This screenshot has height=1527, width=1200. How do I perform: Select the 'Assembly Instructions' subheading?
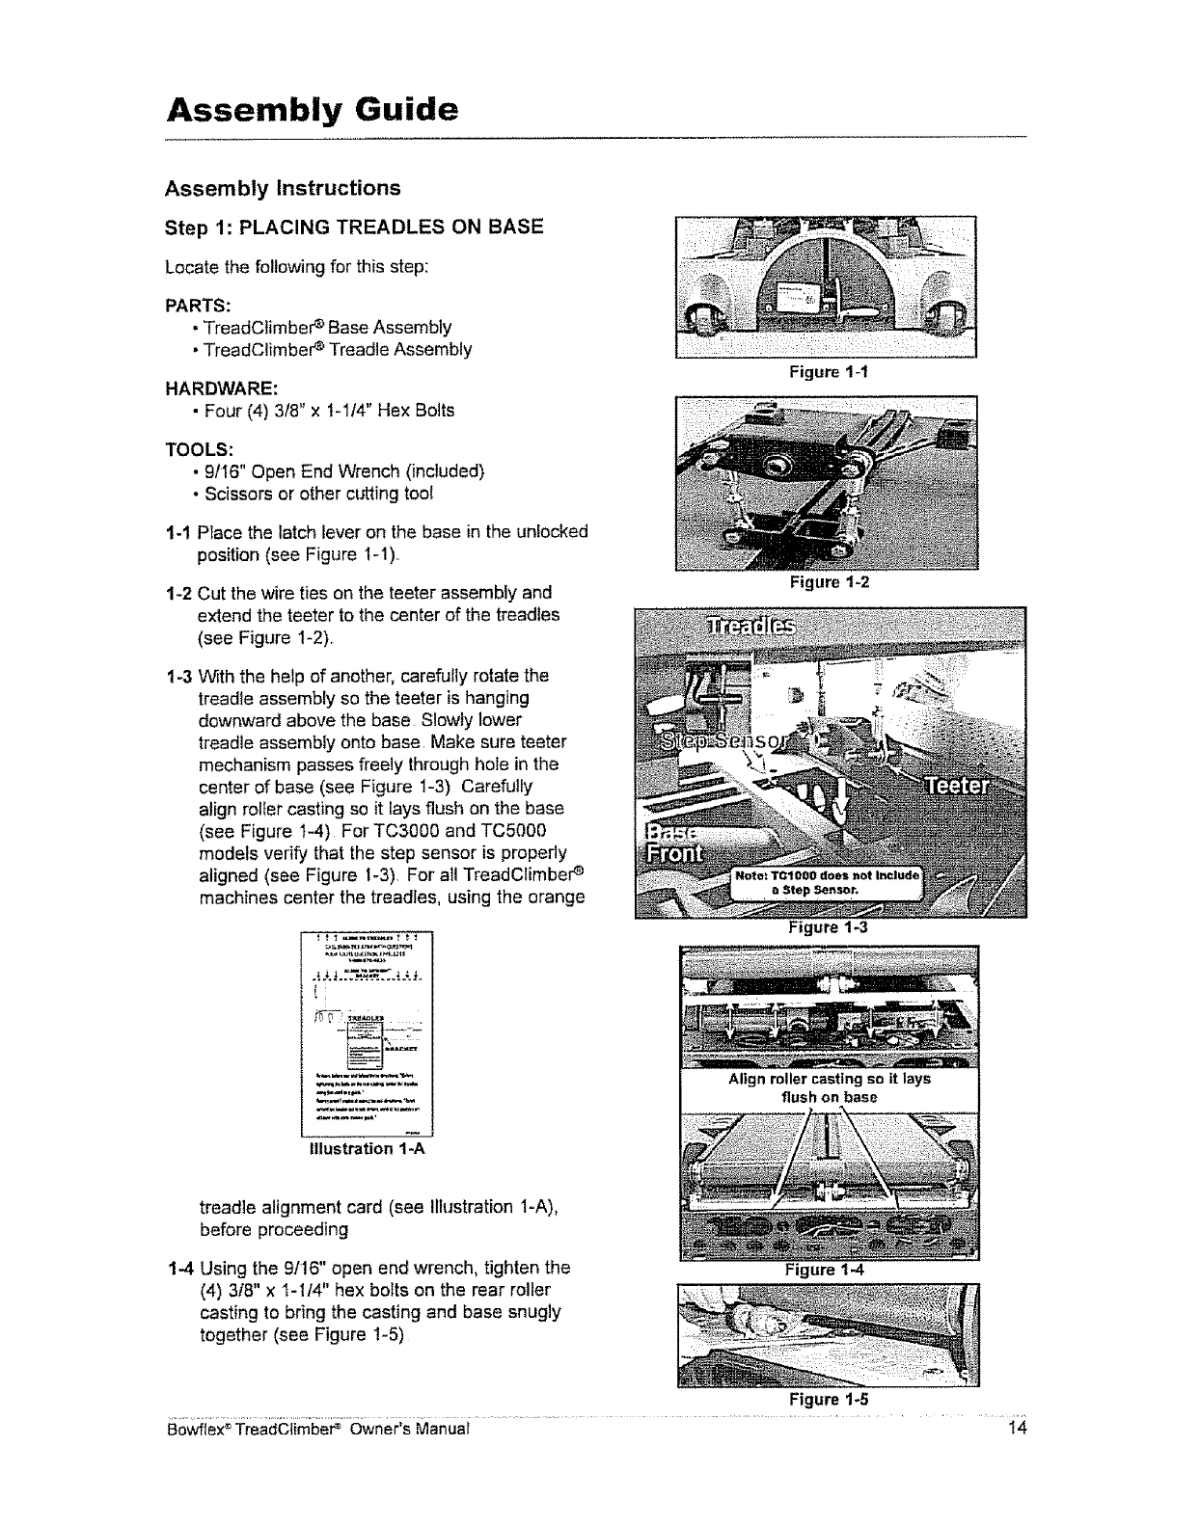283,186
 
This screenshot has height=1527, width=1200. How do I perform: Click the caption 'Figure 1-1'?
828,371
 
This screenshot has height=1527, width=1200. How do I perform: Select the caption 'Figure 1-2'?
828,582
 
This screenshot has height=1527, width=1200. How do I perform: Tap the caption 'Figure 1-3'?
828,927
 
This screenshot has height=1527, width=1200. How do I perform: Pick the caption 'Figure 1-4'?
828,1270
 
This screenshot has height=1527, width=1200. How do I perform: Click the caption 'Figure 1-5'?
828,1399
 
